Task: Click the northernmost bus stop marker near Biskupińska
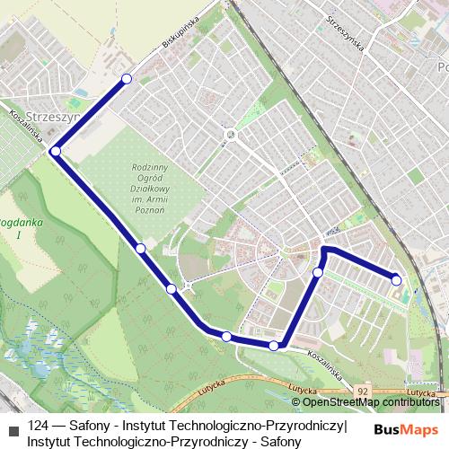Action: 126,80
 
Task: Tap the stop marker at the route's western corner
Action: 56,152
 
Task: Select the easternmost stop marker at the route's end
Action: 396,280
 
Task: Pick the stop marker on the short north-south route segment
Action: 318,271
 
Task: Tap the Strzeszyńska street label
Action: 346,33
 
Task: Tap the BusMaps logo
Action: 408,429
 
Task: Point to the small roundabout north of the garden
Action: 231,136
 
